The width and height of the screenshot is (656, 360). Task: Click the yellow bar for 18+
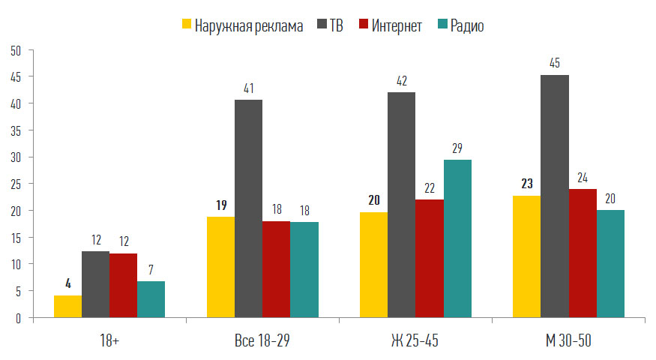point(67,306)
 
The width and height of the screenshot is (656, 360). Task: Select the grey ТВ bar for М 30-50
point(555,196)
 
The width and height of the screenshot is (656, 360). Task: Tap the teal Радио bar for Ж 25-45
point(457,238)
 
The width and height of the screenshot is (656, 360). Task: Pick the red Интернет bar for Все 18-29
point(276,269)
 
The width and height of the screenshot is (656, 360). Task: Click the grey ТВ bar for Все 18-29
point(248,208)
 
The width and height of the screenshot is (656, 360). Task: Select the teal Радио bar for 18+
point(151,299)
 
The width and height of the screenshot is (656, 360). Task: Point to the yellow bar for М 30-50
point(526,256)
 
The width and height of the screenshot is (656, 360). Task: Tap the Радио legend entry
point(460,26)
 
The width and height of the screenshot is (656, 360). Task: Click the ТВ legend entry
point(329,26)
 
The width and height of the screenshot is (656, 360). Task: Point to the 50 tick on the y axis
point(16,50)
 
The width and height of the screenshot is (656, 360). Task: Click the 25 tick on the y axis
point(16,184)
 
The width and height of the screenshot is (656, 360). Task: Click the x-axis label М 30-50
point(568,341)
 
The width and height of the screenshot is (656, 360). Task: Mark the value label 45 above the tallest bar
point(555,62)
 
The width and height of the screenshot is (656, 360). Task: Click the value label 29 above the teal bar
point(457,147)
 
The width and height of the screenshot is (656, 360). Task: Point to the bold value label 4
point(67,283)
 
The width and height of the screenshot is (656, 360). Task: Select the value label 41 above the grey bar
point(248,88)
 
